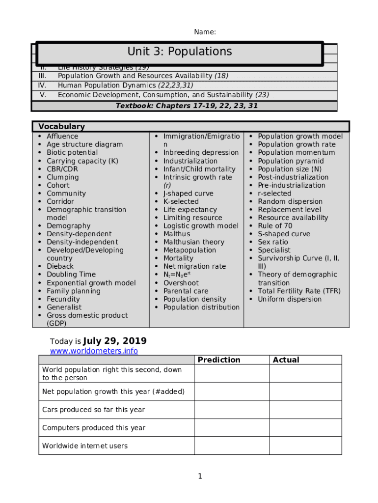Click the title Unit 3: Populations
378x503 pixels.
tap(179, 52)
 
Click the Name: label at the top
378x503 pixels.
tap(205, 32)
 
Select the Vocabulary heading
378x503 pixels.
tap(61, 127)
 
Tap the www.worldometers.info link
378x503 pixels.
tap(94, 351)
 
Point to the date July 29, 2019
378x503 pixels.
tap(115, 341)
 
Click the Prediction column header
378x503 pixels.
tap(219, 360)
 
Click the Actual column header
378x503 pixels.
tap(286, 360)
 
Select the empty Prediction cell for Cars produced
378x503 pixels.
tap(231, 410)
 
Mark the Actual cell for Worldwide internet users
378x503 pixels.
tap(305, 446)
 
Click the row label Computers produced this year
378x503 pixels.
tap(93, 428)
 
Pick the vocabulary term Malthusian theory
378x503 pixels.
tap(193, 242)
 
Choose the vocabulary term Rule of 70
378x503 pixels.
tap(275, 226)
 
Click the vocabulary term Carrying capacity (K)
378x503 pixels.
tap(82, 161)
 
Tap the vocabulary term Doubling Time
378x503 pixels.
tap(71, 275)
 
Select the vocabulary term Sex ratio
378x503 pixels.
tap(273, 242)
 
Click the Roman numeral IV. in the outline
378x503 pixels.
tap(42, 85)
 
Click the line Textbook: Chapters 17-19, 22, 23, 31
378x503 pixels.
tap(187, 106)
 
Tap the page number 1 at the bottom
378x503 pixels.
tap(200, 476)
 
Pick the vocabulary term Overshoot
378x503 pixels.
tap(181, 283)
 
